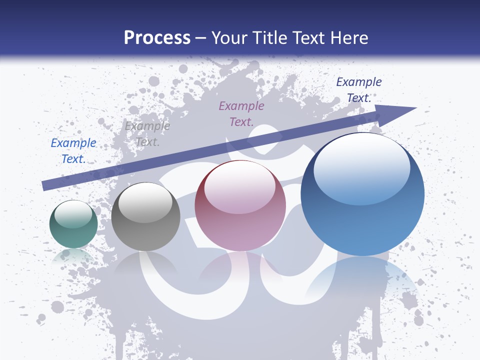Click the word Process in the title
157,38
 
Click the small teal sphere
73,225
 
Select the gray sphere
145,217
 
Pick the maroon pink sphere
240,206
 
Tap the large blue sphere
362,195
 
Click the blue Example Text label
73,151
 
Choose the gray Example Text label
147,134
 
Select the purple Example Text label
241,113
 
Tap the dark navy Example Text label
358,90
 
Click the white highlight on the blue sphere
361,167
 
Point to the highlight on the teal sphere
73,213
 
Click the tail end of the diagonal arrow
45,185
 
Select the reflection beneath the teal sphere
73,256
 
